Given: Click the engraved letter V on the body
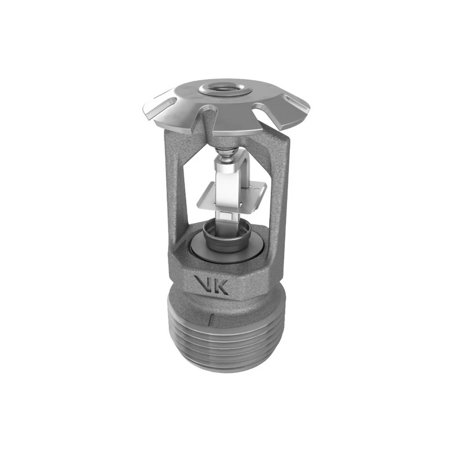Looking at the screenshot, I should [x=202, y=284].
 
